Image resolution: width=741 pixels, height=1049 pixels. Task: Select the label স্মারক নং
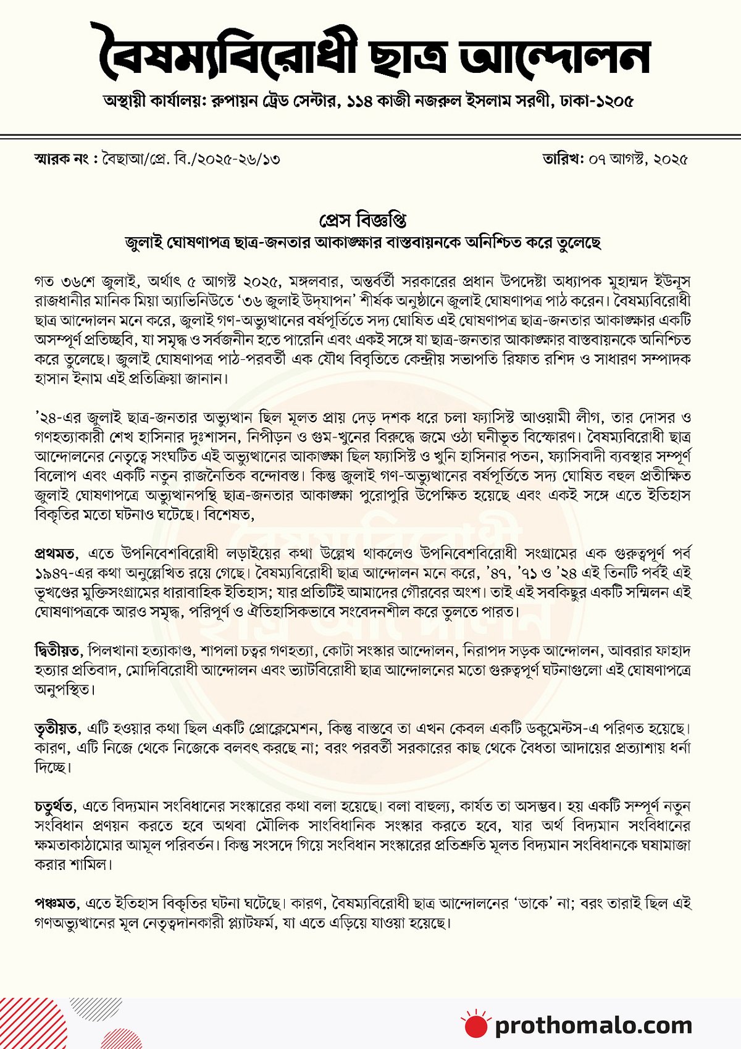tap(62, 159)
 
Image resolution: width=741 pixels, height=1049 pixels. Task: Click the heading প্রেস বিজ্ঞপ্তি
tap(362, 220)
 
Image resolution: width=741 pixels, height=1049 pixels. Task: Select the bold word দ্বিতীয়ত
tap(57, 651)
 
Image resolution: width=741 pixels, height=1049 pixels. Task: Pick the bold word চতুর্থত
tap(55, 806)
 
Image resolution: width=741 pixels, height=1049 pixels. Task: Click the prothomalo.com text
tap(593, 1026)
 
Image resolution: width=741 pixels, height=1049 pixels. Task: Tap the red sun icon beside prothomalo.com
tap(476, 1024)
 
